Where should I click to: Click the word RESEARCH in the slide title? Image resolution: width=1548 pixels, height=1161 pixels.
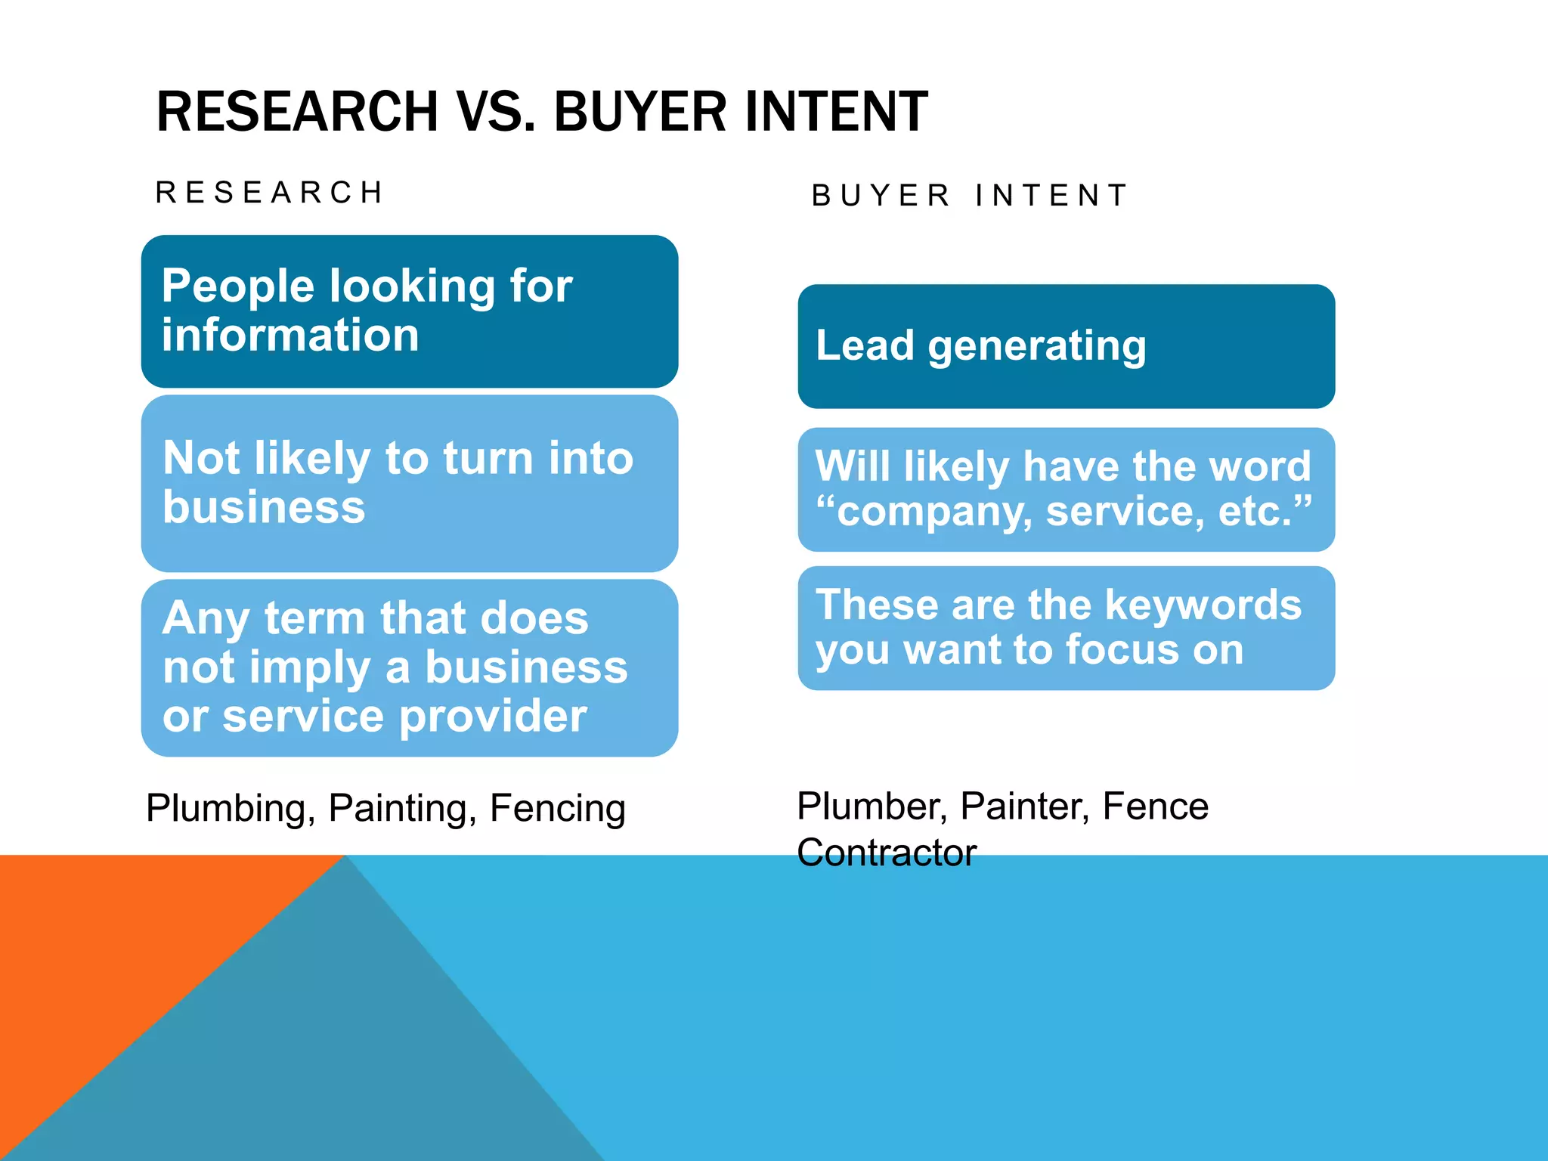(x=297, y=112)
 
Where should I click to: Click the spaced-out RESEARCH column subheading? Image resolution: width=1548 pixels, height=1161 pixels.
(x=271, y=193)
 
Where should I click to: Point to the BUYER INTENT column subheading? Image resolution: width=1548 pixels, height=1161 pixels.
(x=970, y=196)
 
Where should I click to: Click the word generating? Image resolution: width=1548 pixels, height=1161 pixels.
(x=1037, y=346)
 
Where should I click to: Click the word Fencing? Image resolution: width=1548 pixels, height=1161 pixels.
(x=558, y=809)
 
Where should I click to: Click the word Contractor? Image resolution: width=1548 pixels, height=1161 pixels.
(x=887, y=853)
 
